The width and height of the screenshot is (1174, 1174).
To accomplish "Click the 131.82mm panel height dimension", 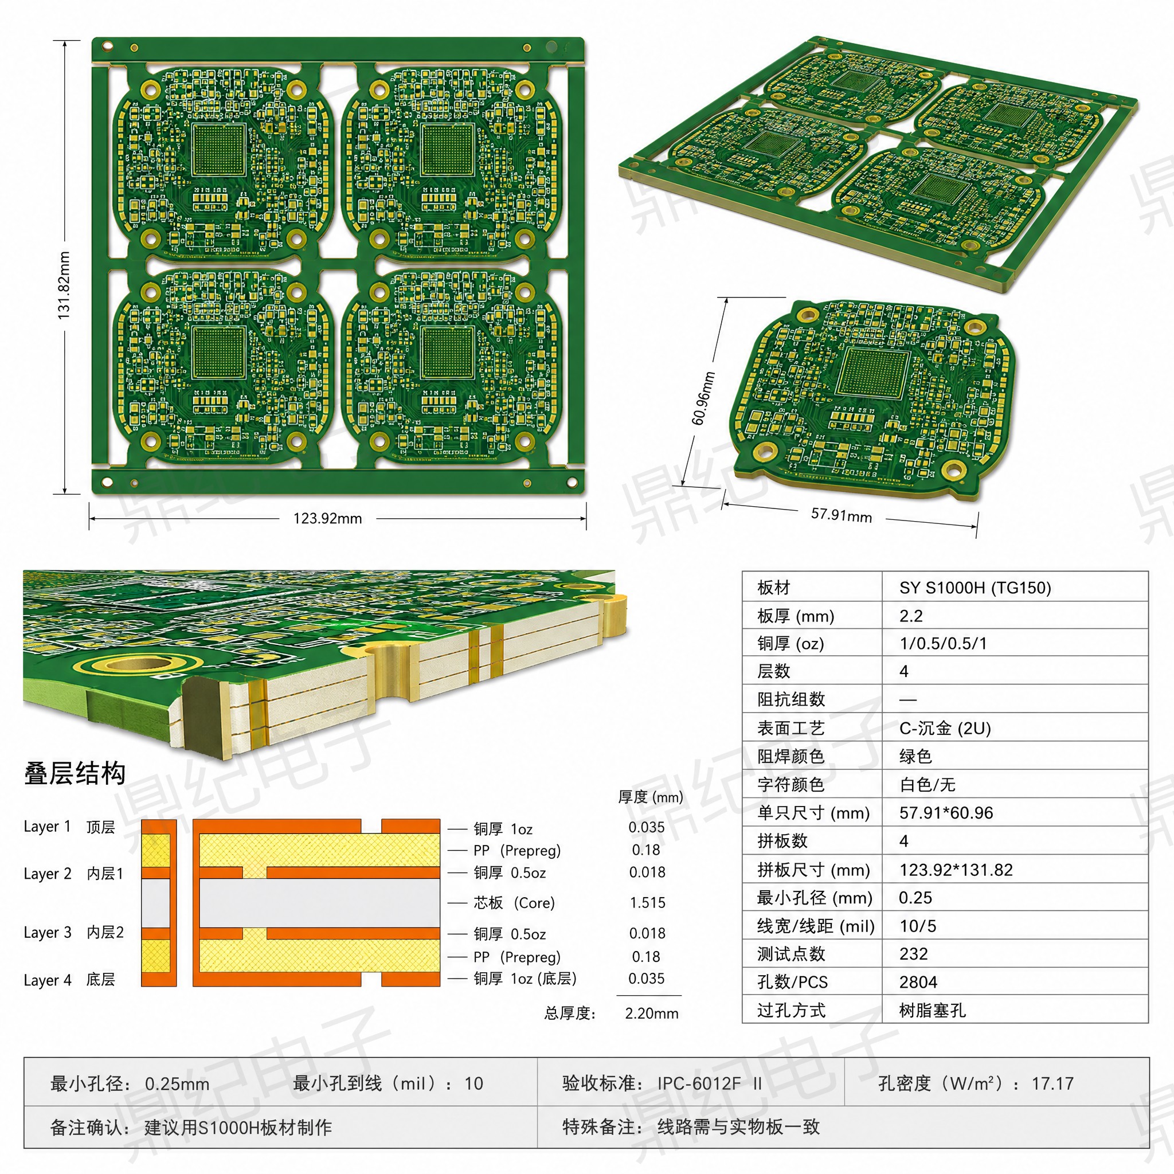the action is (64, 285).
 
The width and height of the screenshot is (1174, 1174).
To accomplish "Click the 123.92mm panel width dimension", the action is (327, 518).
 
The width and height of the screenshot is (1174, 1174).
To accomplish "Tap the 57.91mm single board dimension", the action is (841, 515).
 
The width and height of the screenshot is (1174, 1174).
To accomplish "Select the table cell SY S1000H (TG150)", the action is (975, 588).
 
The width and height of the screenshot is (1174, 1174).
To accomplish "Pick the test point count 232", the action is (913, 953).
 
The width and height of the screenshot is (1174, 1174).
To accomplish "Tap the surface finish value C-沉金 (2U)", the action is (945, 728).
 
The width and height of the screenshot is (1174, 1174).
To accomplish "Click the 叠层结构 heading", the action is (75, 773).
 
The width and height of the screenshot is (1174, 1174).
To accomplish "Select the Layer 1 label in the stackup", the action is (48, 827).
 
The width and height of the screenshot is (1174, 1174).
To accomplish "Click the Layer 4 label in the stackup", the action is (48, 980).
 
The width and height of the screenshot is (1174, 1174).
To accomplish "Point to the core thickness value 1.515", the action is (648, 902).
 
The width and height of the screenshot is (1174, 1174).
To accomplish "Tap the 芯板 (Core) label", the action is (514, 902).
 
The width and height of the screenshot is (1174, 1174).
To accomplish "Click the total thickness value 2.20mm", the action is (651, 1013).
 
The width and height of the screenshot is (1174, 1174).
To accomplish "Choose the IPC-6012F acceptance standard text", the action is (699, 1083).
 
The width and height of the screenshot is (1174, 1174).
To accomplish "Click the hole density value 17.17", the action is (1052, 1083).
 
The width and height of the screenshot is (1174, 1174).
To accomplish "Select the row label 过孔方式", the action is (791, 1011).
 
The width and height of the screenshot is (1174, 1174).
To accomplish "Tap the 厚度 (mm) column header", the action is (650, 797).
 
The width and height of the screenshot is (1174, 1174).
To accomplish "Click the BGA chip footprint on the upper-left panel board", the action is (219, 150).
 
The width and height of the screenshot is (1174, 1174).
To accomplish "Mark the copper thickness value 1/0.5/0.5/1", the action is (943, 644).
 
